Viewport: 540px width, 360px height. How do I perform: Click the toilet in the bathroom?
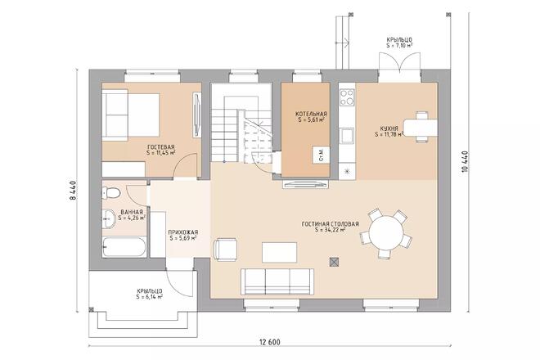coord(111,193)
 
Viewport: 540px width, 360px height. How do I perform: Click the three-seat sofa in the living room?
coord(277,281)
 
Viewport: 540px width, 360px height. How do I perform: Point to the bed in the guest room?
coord(131,115)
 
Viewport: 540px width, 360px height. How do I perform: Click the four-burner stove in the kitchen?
coord(347,97)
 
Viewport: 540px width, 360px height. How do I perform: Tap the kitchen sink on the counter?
coord(347,135)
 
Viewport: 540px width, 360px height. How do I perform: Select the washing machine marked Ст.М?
coord(321,155)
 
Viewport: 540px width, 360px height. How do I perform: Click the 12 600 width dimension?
coord(270,342)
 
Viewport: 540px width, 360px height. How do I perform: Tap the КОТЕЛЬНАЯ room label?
coord(311,114)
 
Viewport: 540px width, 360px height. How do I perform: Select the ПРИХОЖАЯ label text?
coord(183,232)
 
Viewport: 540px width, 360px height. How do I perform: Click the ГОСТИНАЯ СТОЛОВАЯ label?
coord(331,224)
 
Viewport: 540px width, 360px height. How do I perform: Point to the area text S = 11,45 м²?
coord(161,153)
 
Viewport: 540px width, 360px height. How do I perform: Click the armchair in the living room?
coord(225,249)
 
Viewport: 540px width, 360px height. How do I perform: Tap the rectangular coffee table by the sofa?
coord(279,253)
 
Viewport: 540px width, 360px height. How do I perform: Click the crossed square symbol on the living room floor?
coord(334,263)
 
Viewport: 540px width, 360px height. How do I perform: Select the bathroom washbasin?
coord(109,218)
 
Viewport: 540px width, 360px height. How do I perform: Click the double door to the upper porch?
coord(399,63)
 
